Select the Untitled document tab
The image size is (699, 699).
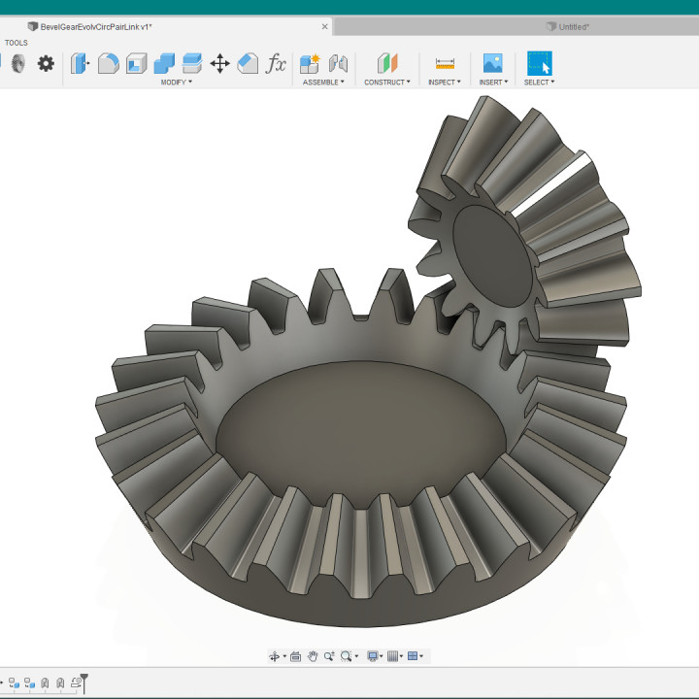click(x=573, y=27)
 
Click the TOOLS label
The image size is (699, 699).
click(x=17, y=43)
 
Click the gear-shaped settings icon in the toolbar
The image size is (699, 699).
click(x=46, y=64)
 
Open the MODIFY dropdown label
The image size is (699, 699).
click(x=176, y=83)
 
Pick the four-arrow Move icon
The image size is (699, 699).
click(x=220, y=64)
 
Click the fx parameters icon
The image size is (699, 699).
click(x=277, y=64)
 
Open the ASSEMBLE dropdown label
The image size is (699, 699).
click(x=322, y=83)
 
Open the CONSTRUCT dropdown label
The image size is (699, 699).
click(x=386, y=83)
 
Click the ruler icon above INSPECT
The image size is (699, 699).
click(x=445, y=64)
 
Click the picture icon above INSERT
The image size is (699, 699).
click(x=493, y=64)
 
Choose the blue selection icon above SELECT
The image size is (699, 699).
click(x=539, y=64)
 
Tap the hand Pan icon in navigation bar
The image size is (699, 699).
click(x=313, y=656)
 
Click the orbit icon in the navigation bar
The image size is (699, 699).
click(x=275, y=656)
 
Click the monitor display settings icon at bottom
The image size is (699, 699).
click(x=372, y=656)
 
